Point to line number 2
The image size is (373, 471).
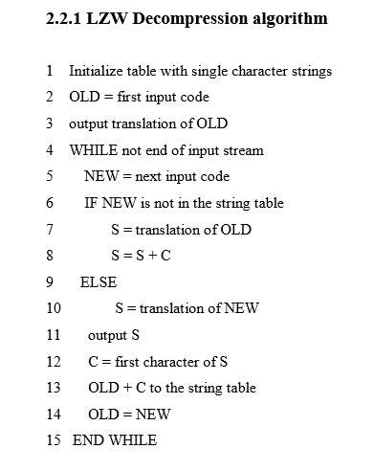click(x=49, y=97)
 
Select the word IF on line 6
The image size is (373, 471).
click(x=92, y=203)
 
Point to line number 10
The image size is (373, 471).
click(x=53, y=308)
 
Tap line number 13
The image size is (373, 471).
click(x=53, y=388)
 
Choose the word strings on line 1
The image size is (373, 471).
click(x=311, y=71)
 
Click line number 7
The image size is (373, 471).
click(x=49, y=230)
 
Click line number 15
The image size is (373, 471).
click(x=53, y=440)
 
